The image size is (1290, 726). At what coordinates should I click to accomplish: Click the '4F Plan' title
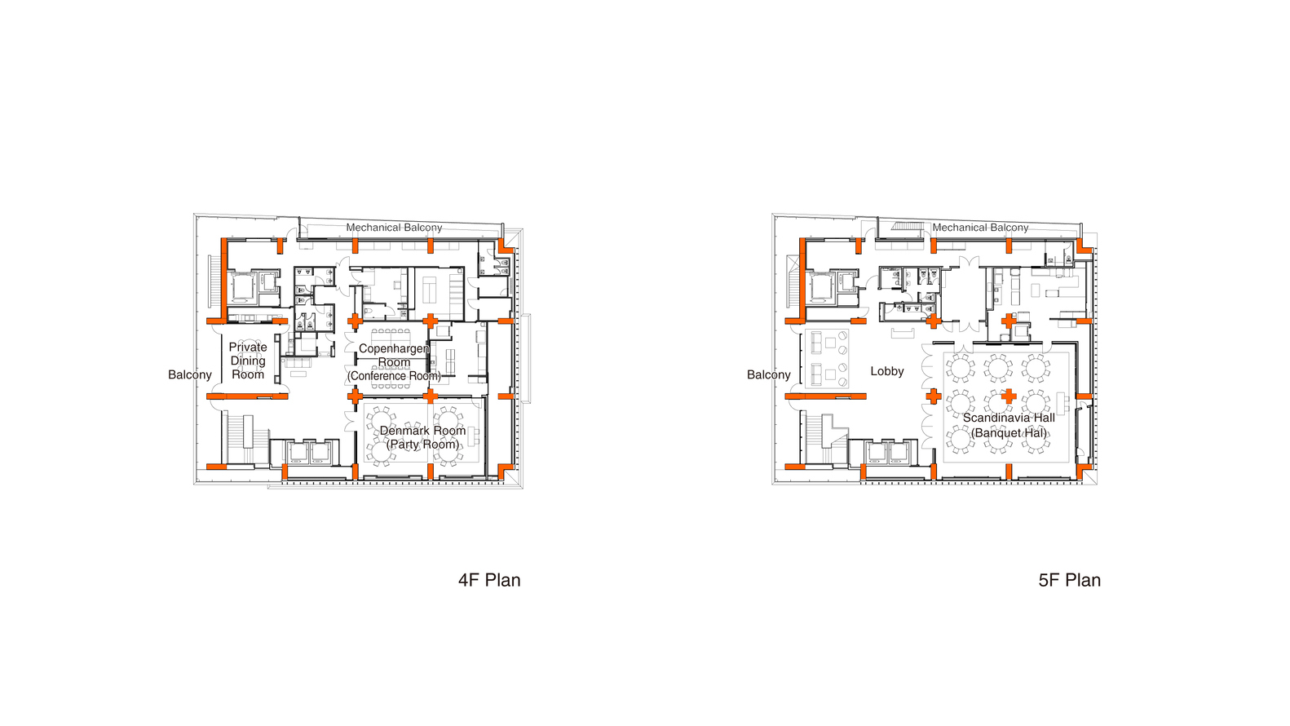489,580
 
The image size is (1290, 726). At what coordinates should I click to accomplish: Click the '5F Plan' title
1069,580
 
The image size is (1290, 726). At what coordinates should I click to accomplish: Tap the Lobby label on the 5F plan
886,371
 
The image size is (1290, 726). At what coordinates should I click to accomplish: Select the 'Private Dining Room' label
248,361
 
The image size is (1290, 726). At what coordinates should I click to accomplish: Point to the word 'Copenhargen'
394,348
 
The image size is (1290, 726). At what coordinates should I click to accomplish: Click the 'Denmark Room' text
422,431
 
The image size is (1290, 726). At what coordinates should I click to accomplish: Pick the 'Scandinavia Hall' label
1009,418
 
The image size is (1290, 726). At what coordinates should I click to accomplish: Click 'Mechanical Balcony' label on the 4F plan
394,228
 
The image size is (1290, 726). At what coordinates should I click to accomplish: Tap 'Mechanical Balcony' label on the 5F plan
980,228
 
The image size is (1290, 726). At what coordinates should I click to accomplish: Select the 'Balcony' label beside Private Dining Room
190,374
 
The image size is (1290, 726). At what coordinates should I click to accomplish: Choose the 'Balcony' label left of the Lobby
768,374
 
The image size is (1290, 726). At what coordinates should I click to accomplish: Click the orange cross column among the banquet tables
1009,396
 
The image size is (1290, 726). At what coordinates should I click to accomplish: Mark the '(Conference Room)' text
394,376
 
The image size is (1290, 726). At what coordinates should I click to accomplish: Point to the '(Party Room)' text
422,445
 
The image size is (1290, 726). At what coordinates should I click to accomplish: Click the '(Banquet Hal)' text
1009,433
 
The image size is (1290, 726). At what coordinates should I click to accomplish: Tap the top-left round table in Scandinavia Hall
961,367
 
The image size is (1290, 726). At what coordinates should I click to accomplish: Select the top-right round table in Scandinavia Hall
1036,367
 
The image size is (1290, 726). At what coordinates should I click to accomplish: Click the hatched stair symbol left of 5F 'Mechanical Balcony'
908,227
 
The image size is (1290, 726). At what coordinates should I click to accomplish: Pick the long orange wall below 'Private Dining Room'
247,396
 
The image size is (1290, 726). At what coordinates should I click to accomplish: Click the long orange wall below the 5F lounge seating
825,396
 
